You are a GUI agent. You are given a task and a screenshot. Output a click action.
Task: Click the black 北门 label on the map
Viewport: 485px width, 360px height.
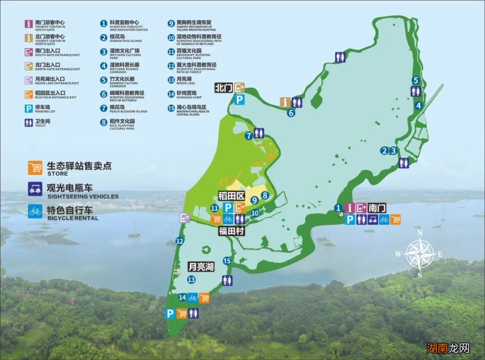[223, 88]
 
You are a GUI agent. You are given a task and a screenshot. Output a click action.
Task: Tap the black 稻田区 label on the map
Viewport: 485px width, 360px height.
[231, 196]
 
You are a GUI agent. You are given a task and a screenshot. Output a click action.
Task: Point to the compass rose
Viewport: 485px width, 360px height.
[419, 254]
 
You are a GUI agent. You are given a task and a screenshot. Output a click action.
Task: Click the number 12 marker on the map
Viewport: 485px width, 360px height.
[180, 241]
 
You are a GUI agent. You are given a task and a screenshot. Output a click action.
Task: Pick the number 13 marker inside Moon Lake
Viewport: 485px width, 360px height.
[192, 280]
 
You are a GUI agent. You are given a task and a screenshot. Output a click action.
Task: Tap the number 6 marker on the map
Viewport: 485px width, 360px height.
[291, 113]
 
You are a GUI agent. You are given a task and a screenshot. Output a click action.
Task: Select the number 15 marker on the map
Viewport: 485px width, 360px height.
[227, 261]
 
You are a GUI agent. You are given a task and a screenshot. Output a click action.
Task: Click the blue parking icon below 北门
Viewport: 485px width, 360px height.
[240, 100]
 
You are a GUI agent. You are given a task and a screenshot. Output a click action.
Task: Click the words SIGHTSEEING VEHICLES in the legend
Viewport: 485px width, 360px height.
[83, 196]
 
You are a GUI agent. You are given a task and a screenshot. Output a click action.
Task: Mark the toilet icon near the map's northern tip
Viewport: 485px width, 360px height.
[340, 57]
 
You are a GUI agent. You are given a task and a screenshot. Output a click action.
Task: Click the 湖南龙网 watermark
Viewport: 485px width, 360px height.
[448, 348]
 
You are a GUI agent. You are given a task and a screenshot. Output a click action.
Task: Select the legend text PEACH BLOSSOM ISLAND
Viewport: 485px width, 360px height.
[128, 111]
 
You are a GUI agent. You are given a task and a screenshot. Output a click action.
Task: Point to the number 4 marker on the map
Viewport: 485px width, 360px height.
[419, 106]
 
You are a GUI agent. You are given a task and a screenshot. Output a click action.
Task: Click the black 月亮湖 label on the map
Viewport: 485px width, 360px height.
[201, 267]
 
